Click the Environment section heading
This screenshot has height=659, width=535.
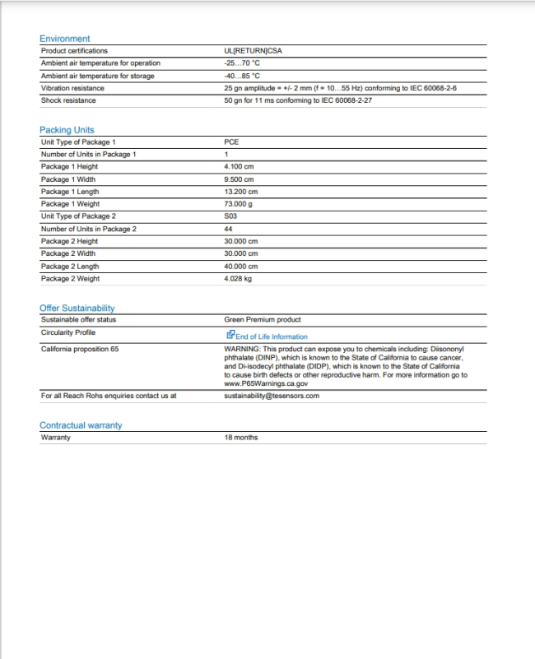(65, 39)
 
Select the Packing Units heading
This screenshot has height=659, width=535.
(67, 130)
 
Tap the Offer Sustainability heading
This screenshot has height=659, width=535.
(77, 308)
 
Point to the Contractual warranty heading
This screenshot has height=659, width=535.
(81, 425)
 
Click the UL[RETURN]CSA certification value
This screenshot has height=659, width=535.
(253, 51)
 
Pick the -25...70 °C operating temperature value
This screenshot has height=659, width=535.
(242, 63)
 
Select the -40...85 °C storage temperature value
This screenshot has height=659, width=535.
(242, 76)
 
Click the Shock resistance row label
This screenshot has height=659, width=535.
(68, 100)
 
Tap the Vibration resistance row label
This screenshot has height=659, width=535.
(72, 88)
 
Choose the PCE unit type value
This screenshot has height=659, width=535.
(231, 142)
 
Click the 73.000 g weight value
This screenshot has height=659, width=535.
(239, 204)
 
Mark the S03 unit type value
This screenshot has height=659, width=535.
(230, 216)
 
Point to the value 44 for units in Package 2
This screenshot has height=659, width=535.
(228, 229)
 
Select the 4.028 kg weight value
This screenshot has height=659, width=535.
(239, 279)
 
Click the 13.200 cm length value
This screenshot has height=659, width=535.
(240, 192)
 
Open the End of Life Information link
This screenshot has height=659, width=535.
(271, 336)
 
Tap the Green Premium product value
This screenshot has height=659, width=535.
(263, 319)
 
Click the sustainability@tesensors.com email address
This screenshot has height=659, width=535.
(272, 396)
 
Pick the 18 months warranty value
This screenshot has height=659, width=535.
(240, 438)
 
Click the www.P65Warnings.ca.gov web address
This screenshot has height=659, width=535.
(266, 383)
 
